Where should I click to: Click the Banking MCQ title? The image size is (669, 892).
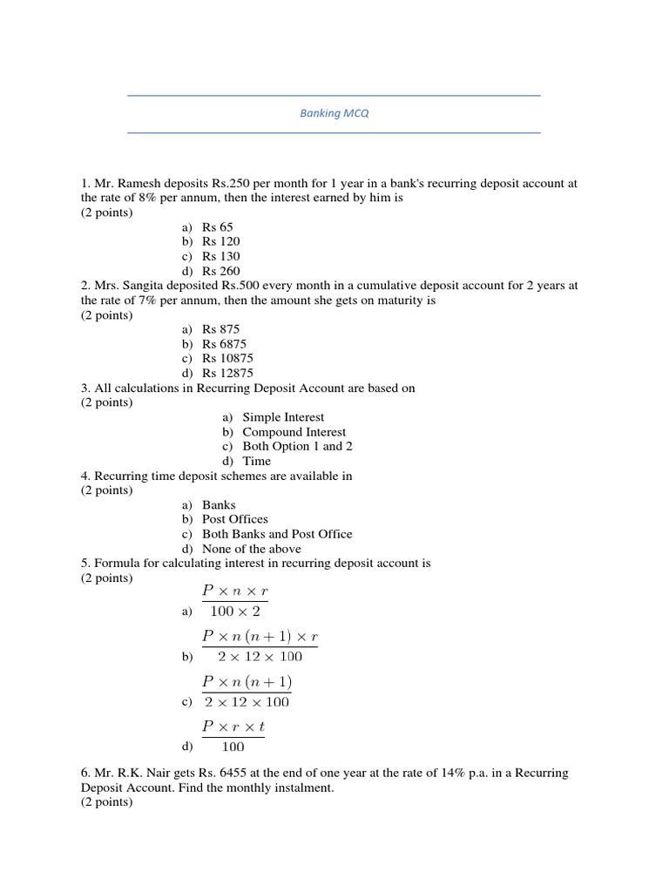tap(334, 114)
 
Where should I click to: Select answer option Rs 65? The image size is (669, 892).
tap(218, 226)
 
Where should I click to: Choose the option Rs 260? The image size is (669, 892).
tap(220, 271)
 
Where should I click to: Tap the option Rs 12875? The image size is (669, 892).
tap(227, 374)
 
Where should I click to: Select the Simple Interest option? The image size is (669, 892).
tap(283, 417)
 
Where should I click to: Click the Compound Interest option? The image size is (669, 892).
tap(294, 432)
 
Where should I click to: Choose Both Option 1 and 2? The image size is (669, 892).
tap(297, 446)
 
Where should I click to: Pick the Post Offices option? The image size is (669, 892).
tap(235, 519)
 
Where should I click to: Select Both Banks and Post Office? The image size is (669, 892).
tap(277, 534)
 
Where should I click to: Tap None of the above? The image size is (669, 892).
tap(252, 549)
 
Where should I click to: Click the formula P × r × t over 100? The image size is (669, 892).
tap(233, 736)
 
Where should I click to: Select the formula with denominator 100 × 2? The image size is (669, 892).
tap(234, 601)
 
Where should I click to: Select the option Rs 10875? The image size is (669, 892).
tap(227, 359)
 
